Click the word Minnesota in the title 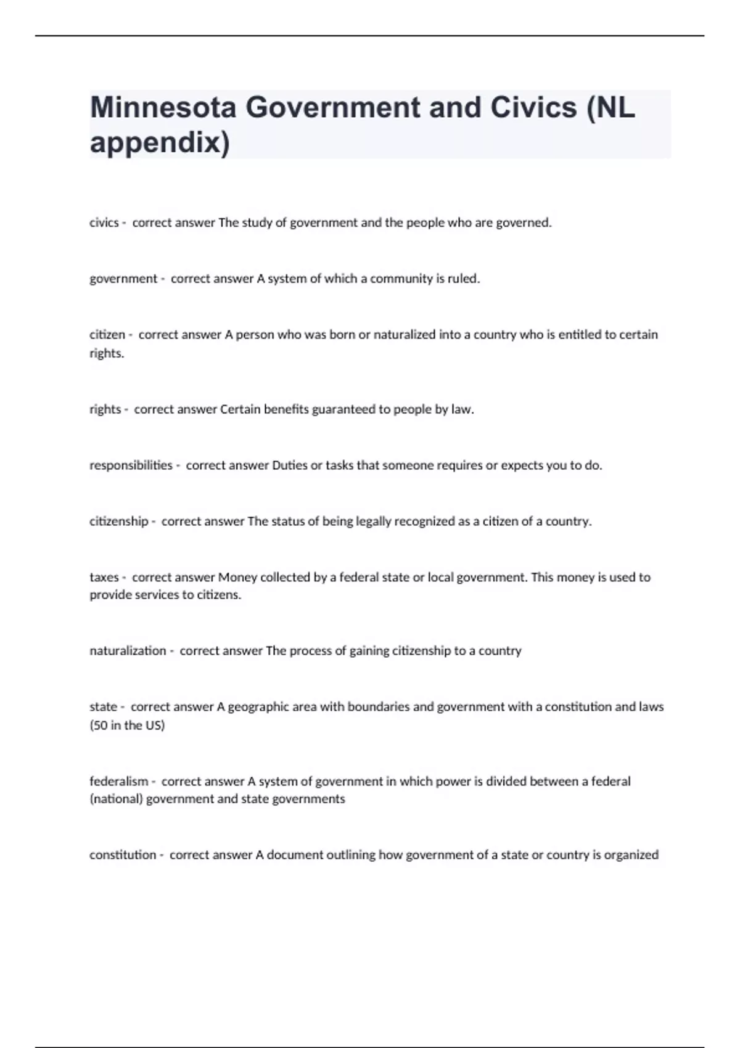[x=163, y=108]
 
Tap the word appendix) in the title [x=160, y=143]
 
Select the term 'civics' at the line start [x=104, y=223]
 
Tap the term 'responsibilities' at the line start [x=131, y=465]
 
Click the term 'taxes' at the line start [x=104, y=578]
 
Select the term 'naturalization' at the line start [x=128, y=651]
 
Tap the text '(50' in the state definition [x=99, y=726]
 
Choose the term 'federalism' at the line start [x=118, y=782]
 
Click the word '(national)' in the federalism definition [x=116, y=799]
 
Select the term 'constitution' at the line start [x=123, y=855]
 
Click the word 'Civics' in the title [x=533, y=108]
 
